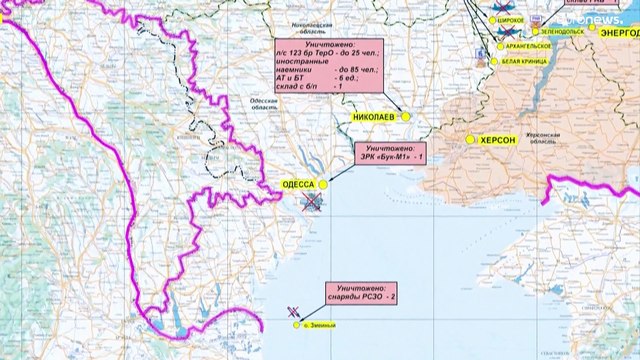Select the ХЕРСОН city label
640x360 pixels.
[496, 141]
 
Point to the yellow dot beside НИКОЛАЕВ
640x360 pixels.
[406, 117]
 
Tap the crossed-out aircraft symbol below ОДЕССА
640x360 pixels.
[313, 203]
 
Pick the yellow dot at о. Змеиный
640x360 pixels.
[296, 323]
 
